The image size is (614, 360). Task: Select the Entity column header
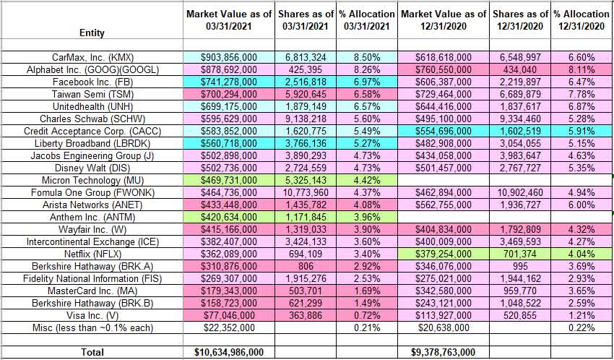tap(92, 33)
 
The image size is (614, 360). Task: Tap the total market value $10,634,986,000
tap(229, 352)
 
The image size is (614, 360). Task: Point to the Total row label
tap(92, 352)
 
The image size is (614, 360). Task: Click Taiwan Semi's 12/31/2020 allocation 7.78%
tap(584, 93)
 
